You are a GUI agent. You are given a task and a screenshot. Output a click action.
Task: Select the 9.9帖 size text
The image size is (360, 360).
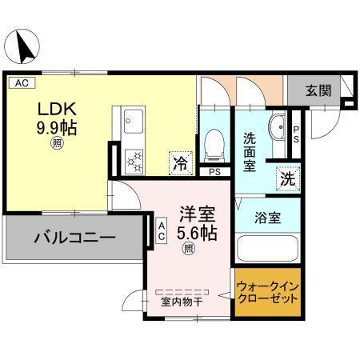click(x=54, y=126)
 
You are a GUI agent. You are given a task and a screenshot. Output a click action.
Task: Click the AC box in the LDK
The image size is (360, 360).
click(x=21, y=82)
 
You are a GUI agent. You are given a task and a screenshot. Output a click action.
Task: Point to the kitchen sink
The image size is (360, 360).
click(x=130, y=122)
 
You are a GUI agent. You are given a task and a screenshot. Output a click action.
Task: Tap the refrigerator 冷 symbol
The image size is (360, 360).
click(x=179, y=164)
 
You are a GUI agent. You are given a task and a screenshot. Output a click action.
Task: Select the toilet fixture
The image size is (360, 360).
click(x=214, y=144)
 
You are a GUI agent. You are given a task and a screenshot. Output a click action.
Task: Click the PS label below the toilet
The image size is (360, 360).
click(x=214, y=171)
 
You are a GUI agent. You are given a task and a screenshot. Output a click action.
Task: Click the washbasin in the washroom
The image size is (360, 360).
click(x=278, y=128)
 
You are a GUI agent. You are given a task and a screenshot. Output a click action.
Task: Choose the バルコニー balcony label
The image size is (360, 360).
click(x=74, y=238)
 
